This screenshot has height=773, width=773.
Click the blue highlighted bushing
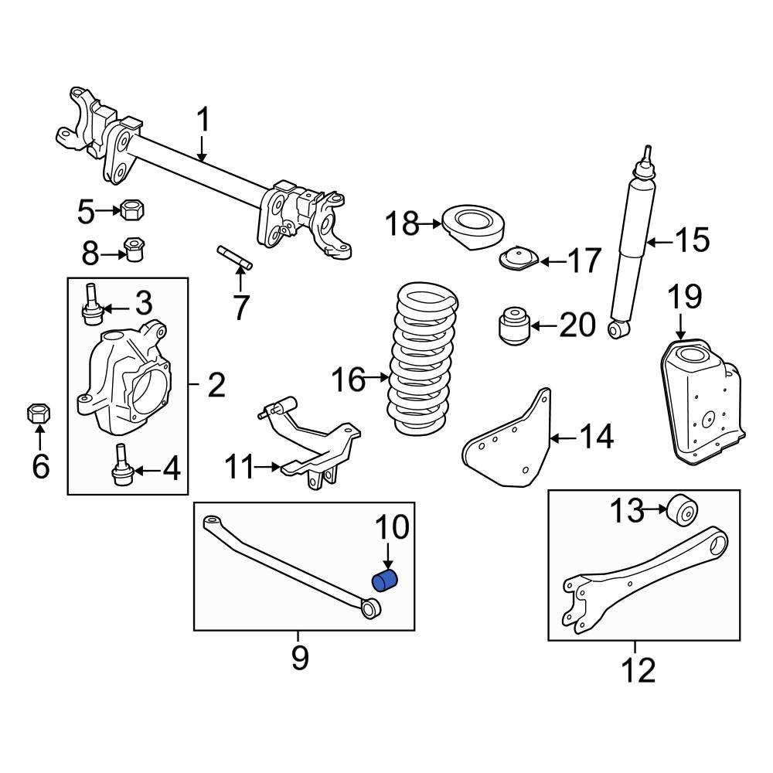(385, 581)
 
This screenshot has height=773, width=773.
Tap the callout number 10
(392, 528)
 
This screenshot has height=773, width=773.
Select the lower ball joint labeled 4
(122, 468)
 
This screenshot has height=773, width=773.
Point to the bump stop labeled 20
(512, 326)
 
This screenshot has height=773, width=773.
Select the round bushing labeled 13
(683, 510)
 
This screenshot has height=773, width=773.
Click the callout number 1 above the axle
(203, 121)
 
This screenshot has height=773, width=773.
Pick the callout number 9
(300, 658)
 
